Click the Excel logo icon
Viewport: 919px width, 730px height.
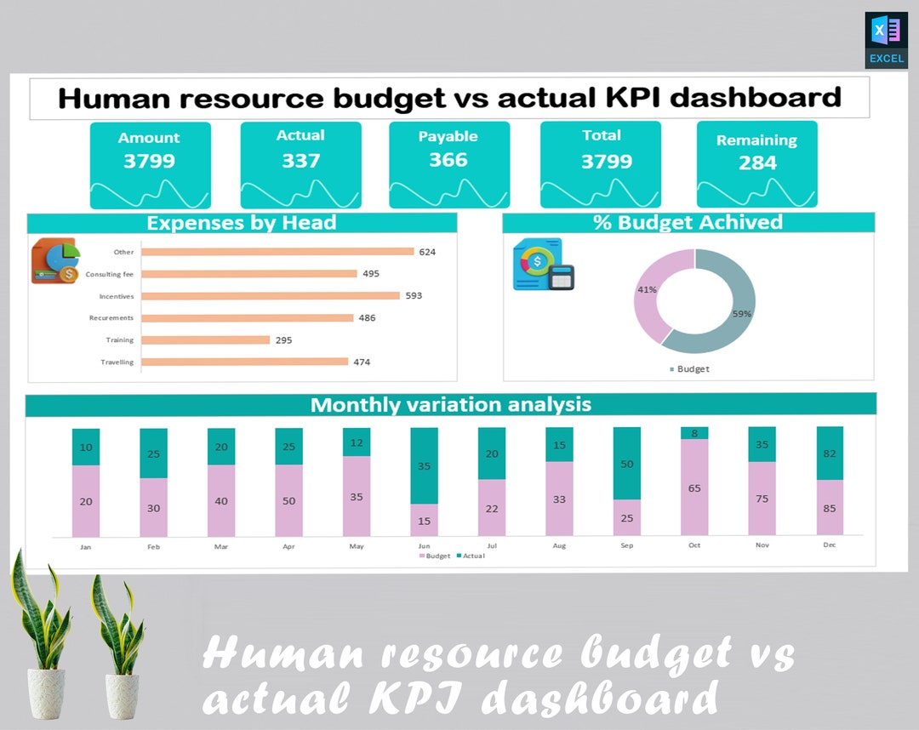point(886,39)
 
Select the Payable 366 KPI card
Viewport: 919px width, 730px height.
point(449,164)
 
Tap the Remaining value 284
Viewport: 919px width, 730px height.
point(757,163)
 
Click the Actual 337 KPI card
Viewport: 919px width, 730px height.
point(300,164)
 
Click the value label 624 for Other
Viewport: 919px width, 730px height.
point(427,252)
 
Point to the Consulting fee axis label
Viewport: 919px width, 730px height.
point(109,274)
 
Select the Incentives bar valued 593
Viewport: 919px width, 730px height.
point(271,296)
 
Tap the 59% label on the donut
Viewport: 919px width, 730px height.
point(741,314)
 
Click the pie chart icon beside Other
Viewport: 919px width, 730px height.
point(56,260)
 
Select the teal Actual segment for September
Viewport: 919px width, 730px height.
point(627,464)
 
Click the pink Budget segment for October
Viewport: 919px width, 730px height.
point(694,488)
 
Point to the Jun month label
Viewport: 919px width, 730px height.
point(424,546)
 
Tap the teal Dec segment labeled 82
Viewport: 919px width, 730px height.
point(830,453)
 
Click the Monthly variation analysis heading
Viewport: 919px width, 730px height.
point(450,404)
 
